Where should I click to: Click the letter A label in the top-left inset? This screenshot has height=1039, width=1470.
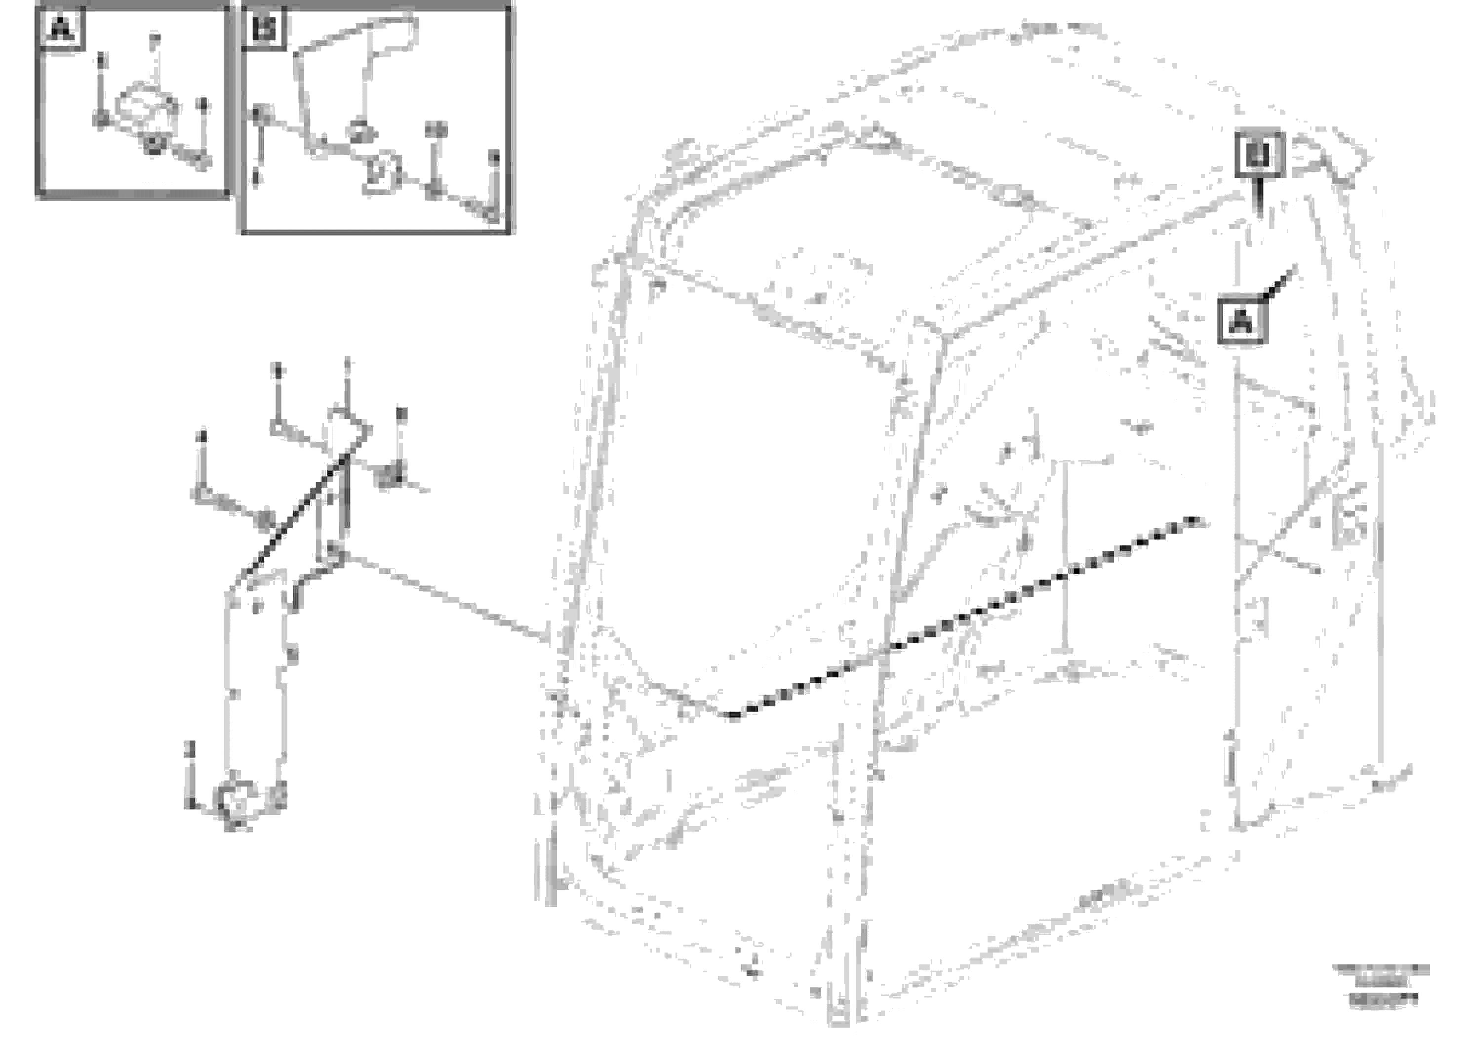pos(61,29)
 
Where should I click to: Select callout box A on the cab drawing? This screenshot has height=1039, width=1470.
pos(1241,320)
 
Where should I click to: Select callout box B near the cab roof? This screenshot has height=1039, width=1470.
pos(1259,154)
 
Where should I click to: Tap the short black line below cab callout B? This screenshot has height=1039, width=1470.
pos(1259,199)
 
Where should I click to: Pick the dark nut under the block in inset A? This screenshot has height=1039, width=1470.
pos(153,145)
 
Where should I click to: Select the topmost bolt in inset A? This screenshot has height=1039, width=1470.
pos(154,42)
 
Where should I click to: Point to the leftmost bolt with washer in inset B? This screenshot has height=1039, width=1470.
pos(257,115)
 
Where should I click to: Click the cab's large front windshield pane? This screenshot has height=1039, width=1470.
pos(749,487)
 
